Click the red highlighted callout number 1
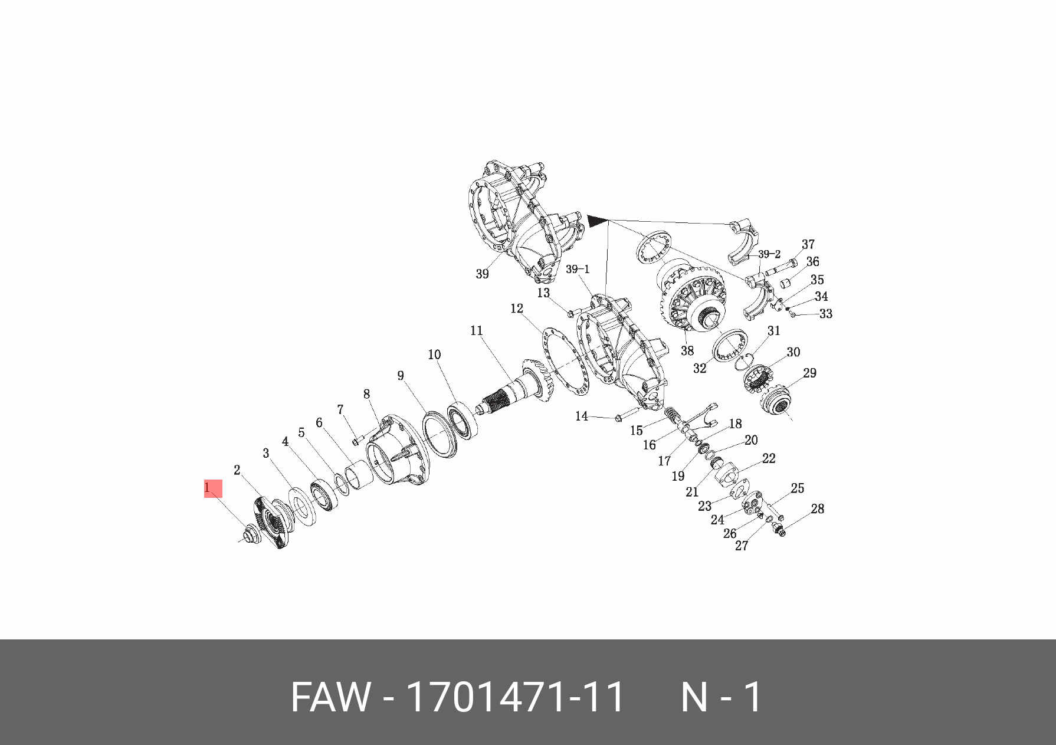tap(212, 488)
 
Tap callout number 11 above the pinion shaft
tap(477, 331)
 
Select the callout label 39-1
tap(578, 270)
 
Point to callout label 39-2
tap(769, 254)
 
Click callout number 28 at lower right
tap(817, 508)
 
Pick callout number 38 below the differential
tap(687, 351)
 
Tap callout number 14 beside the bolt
tap(582, 416)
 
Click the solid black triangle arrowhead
tap(596, 221)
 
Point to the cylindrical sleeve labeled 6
tap(358, 475)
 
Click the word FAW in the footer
tap(330, 697)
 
